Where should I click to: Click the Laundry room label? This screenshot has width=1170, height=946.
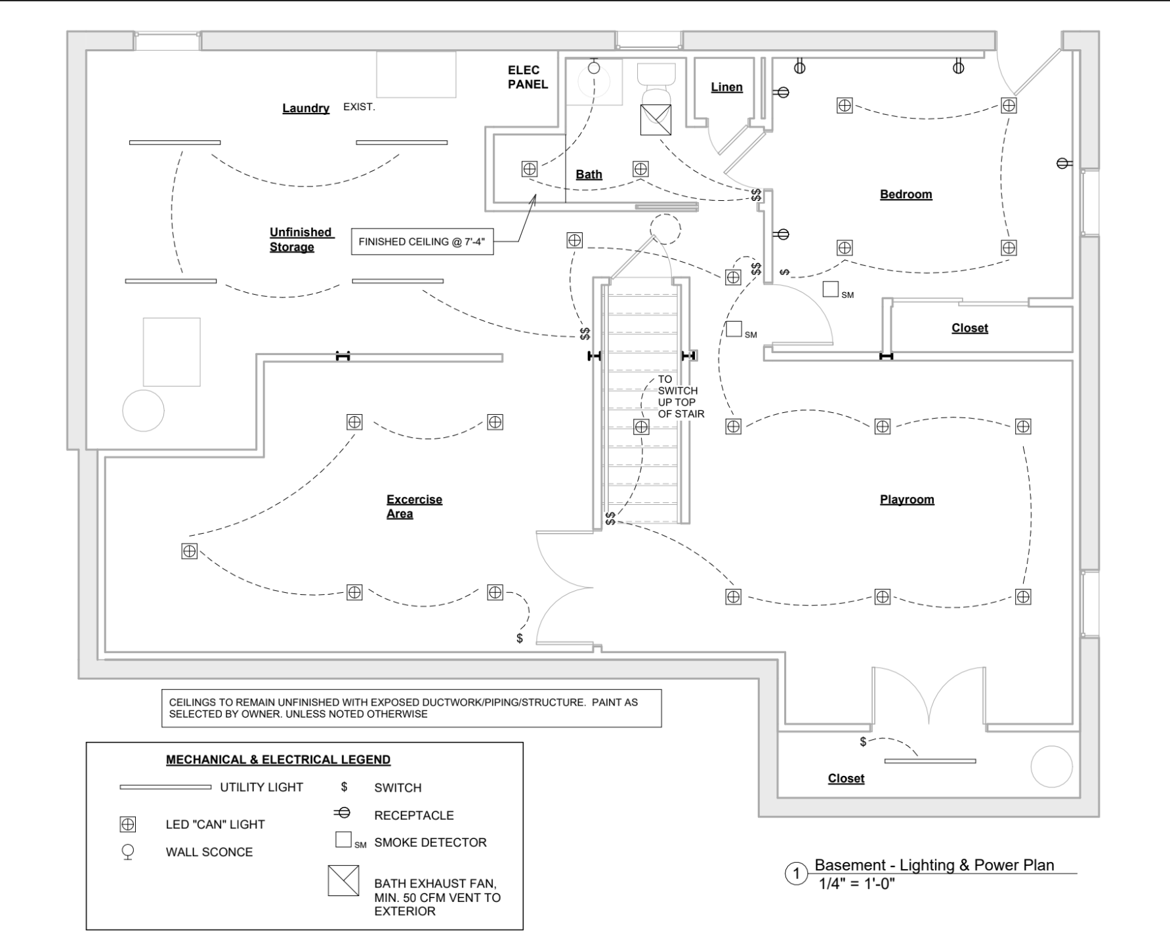click(x=306, y=108)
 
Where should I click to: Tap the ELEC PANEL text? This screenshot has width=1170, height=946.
click(x=528, y=77)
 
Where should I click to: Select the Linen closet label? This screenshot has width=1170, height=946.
click(x=727, y=87)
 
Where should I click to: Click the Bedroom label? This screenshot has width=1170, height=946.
click(x=906, y=194)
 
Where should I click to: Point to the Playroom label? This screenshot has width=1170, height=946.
click(x=907, y=500)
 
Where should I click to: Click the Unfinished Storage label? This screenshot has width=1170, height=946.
click(x=301, y=240)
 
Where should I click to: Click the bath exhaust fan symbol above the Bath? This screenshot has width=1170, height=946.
click(x=656, y=119)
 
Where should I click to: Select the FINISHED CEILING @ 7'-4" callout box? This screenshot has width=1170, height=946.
click(x=422, y=242)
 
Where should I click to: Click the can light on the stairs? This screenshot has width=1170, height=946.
click(x=641, y=427)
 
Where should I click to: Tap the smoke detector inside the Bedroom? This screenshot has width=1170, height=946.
click(x=831, y=289)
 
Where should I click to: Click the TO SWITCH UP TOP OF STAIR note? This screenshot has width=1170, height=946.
click(x=681, y=397)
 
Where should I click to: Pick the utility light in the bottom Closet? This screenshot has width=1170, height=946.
click(x=930, y=761)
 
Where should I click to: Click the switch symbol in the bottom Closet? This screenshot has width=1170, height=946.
click(x=863, y=742)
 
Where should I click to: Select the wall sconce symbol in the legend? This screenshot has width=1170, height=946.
click(x=128, y=852)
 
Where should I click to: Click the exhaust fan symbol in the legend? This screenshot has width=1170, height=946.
click(x=344, y=880)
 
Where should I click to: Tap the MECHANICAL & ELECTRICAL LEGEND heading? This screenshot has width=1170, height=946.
click(x=278, y=760)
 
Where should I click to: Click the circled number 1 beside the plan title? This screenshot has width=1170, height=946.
click(x=797, y=874)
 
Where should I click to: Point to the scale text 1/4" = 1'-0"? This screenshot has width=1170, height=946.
click(x=856, y=884)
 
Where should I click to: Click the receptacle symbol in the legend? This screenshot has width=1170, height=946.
click(x=342, y=813)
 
